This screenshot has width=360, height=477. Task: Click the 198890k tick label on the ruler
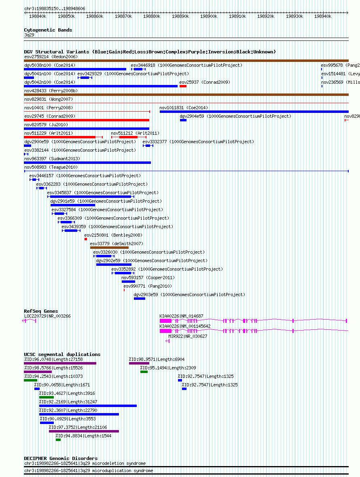coord(180,17)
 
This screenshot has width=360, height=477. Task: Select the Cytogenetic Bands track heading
coord(48,30)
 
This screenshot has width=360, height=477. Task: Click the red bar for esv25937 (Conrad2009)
coord(183,87)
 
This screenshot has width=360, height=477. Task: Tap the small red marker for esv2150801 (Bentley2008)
coord(86,240)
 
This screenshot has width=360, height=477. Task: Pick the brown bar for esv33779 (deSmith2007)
coord(109,248)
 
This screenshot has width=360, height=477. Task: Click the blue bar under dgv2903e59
coord(140,299)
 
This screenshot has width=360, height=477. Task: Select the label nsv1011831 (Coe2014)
coord(184,108)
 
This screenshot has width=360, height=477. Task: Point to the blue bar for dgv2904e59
coord(183,121)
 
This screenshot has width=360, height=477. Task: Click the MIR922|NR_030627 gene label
coord(188,336)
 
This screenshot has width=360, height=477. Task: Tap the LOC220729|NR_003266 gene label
coord(47,316)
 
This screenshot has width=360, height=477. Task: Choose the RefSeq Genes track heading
coord(41,311)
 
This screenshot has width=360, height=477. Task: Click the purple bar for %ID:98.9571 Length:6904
coord(139,363)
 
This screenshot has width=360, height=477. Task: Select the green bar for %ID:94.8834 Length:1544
coord(58,440)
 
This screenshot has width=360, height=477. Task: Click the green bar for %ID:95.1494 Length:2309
coord(144,372)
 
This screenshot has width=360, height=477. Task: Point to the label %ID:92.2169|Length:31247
coord(68,402)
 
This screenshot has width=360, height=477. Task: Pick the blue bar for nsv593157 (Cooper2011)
coord(128,282)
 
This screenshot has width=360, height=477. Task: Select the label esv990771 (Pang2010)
coord(148,286)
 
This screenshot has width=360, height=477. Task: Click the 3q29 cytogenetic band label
coord(29,35)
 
